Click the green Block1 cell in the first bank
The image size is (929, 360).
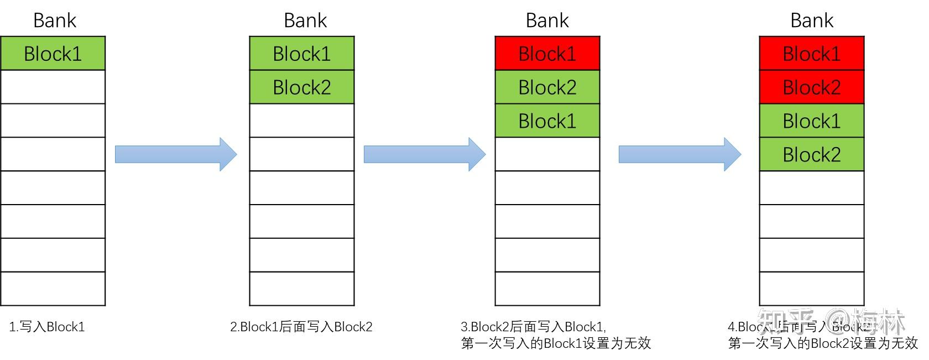[x=53, y=54]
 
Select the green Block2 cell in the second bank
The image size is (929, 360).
[x=301, y=87]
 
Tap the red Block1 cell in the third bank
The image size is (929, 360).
[x=547, y=54]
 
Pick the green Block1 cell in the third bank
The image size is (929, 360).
[x=547, y=121]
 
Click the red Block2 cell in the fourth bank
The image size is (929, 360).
[x=811, y=87]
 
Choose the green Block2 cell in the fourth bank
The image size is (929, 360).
[x=811, y=154]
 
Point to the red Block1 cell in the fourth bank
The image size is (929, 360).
[x=811, y=54]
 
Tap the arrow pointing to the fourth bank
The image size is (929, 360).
[x=679, y=154]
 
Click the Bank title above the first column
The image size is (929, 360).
[x=54, y=20]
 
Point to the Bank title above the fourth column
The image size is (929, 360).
[x=811, y=20]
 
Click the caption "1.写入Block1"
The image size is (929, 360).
[x=47, y=327]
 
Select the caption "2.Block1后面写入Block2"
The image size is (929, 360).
[x=301, y=327]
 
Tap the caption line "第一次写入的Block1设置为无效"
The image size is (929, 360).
[x=556, y=343]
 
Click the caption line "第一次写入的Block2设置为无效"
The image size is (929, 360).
[x=823, y=343]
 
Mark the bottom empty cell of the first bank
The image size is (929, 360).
[x=53, y=289]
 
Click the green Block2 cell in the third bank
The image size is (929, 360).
[x=547, y=87]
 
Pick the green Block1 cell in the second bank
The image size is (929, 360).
[x=301, y=54]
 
